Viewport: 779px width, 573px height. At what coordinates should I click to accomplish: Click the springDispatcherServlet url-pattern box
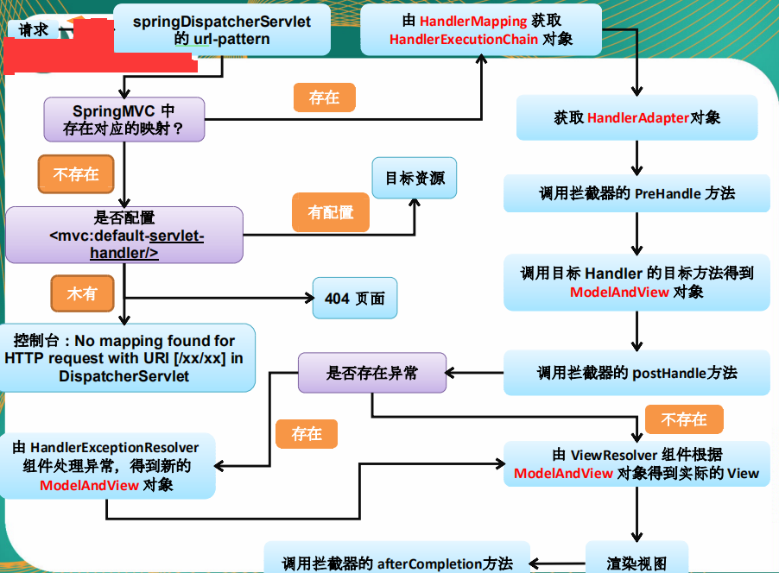pyautogui.click(x=222, y=28)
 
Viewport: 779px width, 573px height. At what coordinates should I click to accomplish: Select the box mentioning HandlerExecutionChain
pyautogui.click(x=481, y=28)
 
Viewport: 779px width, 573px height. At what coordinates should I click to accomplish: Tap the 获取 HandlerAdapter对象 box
pyautogui.click(x=636, y=117)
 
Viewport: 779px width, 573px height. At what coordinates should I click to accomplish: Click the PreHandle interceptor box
pyautogui.click(x=636, y=193)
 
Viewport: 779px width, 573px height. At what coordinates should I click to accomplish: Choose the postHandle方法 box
pyautogui.click(x=636, y=373)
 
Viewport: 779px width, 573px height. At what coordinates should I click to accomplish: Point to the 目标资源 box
pyautogui.click(x=415, y=179)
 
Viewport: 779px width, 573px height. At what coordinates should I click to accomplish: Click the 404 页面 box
pyautogui.click(x=355, y=299)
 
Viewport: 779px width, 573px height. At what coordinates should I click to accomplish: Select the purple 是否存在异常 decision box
pyautogui.click(x=372, y=373)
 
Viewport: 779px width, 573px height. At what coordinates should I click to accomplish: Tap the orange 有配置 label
pyautogui.click(x=331, y=212)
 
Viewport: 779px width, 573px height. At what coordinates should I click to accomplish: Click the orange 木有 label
pyautogui.click(x=82, y=294)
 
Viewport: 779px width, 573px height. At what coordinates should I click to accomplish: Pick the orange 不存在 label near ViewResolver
pyautogui.click(x=684, y=419)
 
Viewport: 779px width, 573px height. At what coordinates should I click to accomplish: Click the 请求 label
pyautogui.click(x=34, y=29)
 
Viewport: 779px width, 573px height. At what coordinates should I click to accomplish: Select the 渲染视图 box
pyautogui.click(x=636, y=560)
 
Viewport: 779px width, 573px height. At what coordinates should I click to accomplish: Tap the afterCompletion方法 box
pyautogui.click(x=397, y=561)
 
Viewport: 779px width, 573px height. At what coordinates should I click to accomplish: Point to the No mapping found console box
pyautogui.click(x=128, y=358)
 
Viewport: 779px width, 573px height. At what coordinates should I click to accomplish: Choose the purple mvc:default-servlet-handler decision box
pyautogui.click(x=124, y=235)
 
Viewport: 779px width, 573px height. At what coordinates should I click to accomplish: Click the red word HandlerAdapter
pyautogui.click(x=638, y=117)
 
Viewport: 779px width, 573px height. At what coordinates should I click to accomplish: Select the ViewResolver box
pyautogui.click(x=636, y=463)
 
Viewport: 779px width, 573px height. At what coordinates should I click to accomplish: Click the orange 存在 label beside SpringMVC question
pyautogui.click(x=324, y=98)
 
